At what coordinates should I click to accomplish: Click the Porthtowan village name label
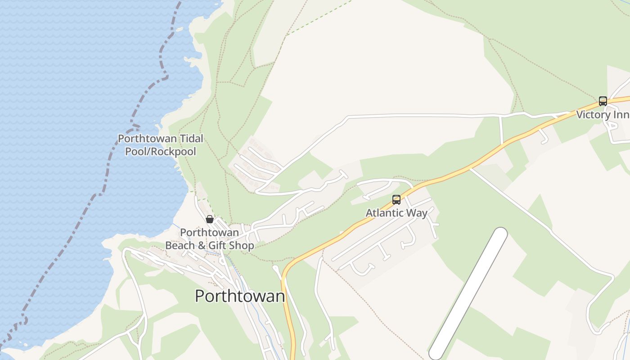[240, 296]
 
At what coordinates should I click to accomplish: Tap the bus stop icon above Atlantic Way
[396, 200]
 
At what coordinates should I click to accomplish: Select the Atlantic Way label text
[396, 213]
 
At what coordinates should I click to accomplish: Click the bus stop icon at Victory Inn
[603, 101]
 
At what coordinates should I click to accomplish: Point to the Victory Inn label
[603, 115]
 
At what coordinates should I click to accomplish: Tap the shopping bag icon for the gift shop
[210, 219]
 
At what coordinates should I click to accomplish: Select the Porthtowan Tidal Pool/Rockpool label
[161, 145]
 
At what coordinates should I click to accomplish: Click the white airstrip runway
[468, 294]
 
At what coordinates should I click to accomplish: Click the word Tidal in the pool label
[191, 139]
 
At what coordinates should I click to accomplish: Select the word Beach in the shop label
[180, 246]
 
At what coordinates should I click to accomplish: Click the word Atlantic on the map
[384, 213]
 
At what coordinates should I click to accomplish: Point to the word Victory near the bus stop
[593, 115]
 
